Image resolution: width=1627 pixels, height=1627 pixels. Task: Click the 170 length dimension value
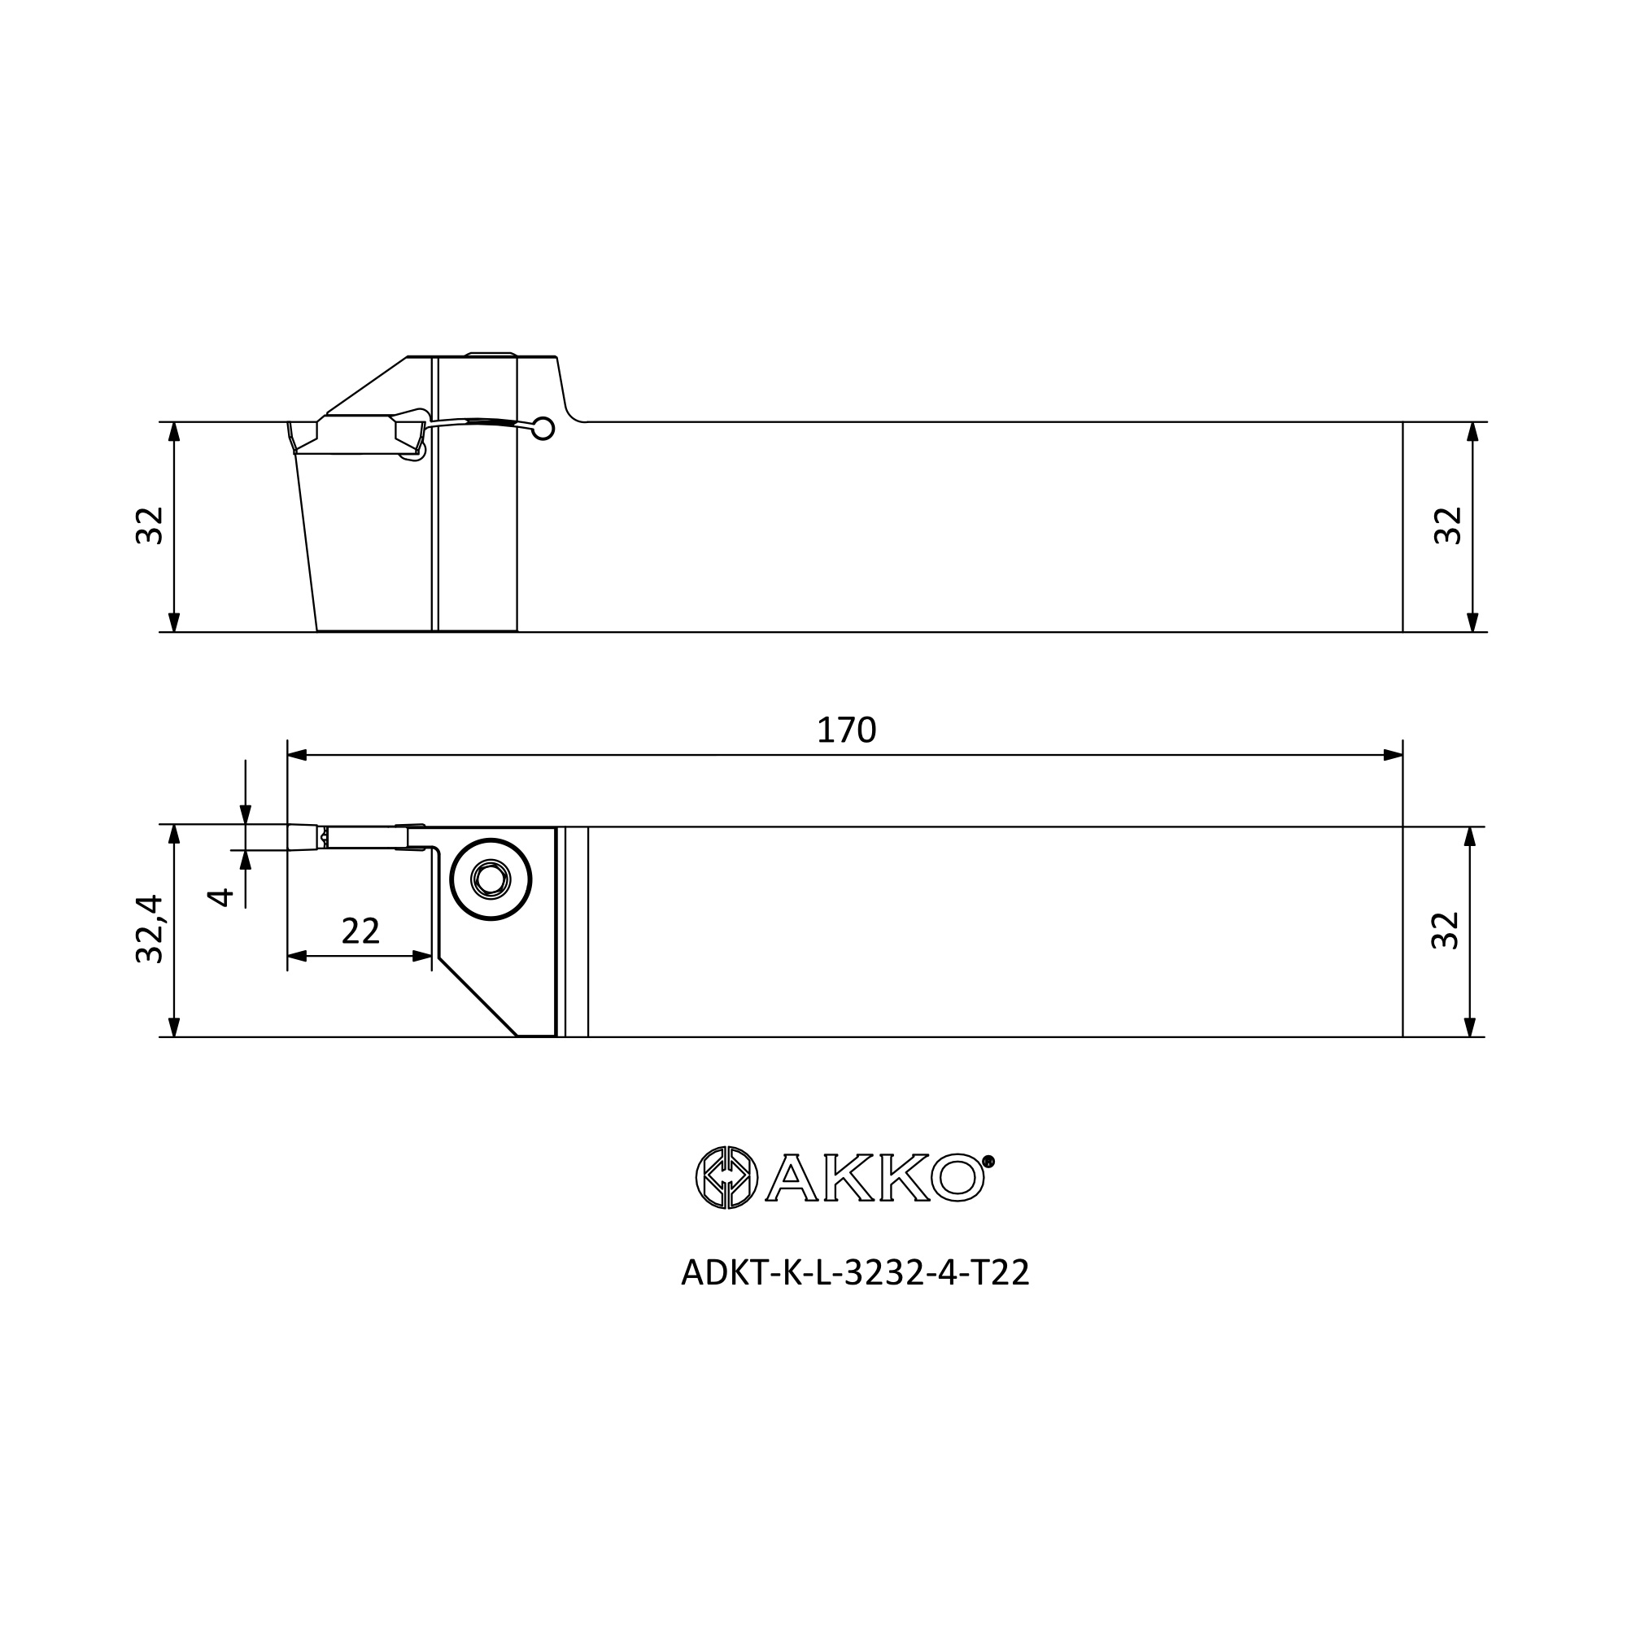tap(846, 731)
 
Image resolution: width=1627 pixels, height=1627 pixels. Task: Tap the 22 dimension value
tap(360, 931)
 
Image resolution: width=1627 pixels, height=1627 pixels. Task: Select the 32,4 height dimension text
tap(149, 929)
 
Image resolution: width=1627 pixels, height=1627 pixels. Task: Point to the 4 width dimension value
tap(220, 896)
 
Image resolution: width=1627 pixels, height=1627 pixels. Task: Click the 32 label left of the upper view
tap(149, 526)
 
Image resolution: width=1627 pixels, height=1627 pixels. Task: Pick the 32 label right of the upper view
tap(1449, 526)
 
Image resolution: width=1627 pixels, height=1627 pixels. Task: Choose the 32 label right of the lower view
tap(1445, 931)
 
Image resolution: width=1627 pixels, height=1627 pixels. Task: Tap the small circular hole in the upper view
tap(544, 429)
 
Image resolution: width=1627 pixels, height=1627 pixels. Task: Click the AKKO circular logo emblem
tap(726, 1177)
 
